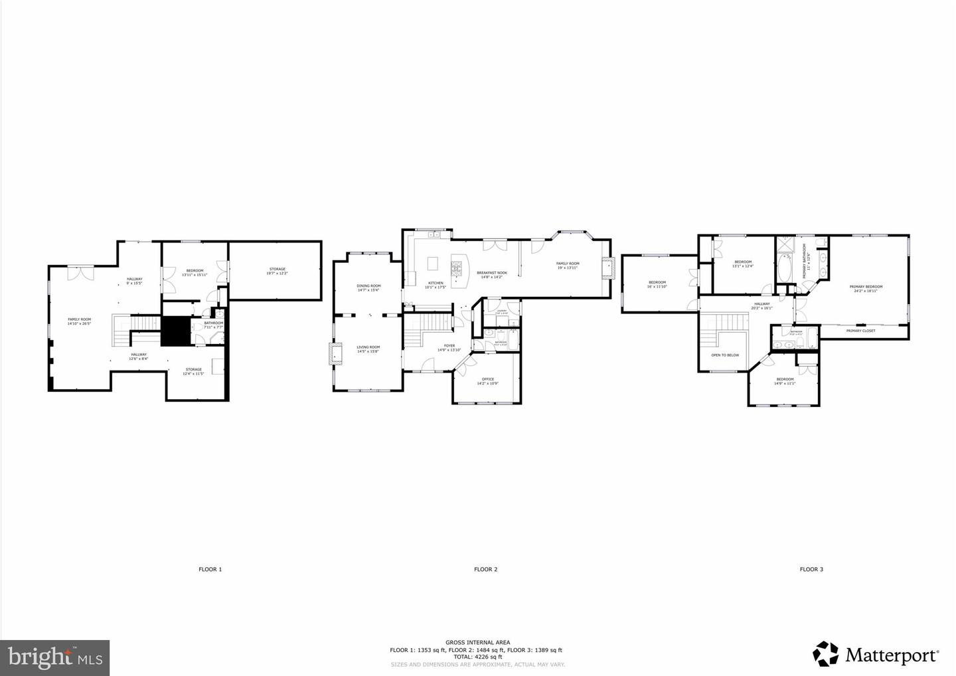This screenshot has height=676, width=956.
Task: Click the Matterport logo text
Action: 892,655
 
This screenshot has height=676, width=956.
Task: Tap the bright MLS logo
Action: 54,657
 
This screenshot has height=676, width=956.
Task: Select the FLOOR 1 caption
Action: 210,569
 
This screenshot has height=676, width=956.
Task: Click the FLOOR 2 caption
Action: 485,569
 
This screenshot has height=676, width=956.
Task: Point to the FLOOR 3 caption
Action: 811,569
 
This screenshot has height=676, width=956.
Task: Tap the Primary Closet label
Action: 860,331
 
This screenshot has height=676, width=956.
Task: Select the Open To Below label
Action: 725,355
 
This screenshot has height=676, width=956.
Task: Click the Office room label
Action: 488,381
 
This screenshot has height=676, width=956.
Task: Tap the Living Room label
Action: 368,349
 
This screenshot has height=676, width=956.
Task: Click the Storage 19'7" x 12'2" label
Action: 277,271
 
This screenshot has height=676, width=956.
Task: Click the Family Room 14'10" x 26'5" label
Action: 79,321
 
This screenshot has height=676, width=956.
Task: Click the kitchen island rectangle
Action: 434,264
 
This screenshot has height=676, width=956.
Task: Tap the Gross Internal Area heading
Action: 477,642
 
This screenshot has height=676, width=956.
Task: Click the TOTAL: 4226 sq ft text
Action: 477,657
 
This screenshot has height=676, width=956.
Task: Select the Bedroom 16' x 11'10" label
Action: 657,284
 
